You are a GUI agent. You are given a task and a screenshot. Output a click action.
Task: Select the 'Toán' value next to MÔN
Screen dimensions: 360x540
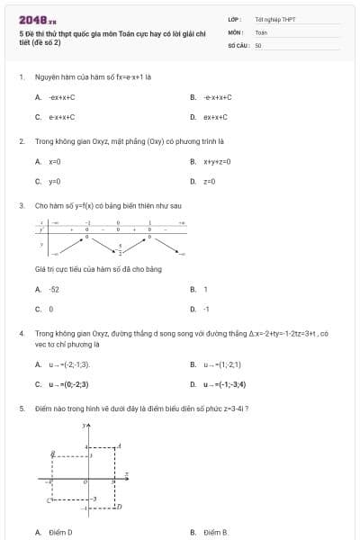pos(261,31)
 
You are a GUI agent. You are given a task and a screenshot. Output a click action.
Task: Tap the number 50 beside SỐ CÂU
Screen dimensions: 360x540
pos(258,44)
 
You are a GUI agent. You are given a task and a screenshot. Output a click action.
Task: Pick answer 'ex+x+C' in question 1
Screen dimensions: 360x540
pos(215,117)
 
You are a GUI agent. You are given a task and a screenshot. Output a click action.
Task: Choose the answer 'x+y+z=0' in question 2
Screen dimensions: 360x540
pos(217,161)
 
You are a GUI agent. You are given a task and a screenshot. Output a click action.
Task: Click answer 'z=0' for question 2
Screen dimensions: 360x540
pos(209,181)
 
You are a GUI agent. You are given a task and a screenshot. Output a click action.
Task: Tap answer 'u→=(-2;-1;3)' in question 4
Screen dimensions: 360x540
pos(69,364)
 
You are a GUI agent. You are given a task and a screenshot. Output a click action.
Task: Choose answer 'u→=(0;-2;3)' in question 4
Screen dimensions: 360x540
pos(68,384)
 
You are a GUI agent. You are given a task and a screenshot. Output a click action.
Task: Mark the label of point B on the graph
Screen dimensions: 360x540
pos(53,455)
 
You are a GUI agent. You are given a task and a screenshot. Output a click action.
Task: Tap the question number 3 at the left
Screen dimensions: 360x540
pos(21,205)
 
